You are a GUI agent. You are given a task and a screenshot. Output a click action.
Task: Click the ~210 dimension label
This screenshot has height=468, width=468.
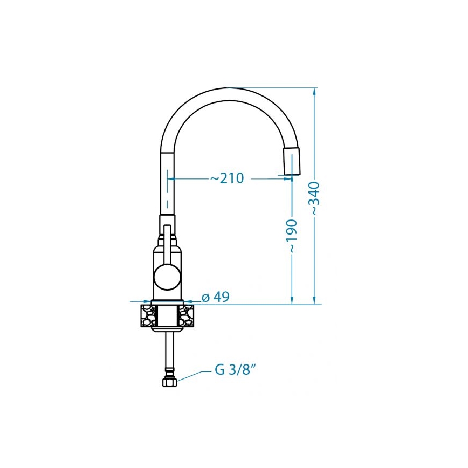pos(227,178)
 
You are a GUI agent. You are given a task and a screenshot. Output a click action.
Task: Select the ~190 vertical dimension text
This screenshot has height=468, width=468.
pos(292,236)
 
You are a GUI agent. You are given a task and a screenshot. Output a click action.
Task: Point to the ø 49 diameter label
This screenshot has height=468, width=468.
pos(215,297)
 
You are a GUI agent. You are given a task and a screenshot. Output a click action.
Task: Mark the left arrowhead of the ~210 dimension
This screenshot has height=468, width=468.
pos(171,178)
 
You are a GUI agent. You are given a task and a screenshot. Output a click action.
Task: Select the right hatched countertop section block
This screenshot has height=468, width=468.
pos(187,315)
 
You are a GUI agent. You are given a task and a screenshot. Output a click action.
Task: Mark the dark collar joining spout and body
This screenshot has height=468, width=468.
pos(167,220)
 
